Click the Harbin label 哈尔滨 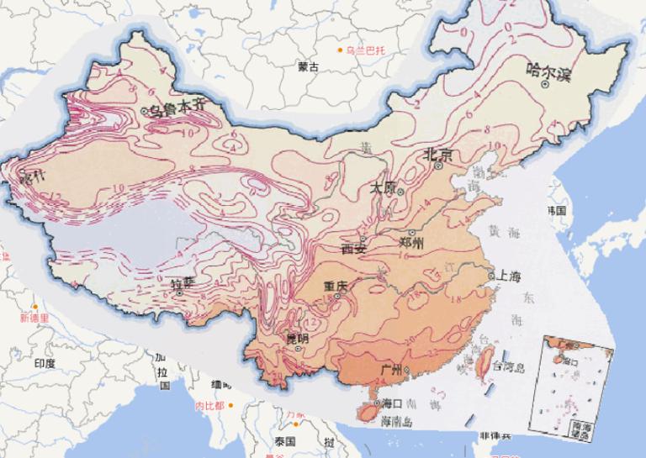548,71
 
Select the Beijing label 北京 438,155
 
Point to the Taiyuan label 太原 384,189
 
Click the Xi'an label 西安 354,248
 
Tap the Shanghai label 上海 508,276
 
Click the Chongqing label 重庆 336,287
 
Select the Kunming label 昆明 298,339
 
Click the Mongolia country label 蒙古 308,66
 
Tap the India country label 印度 45,363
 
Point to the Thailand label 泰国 284,441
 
